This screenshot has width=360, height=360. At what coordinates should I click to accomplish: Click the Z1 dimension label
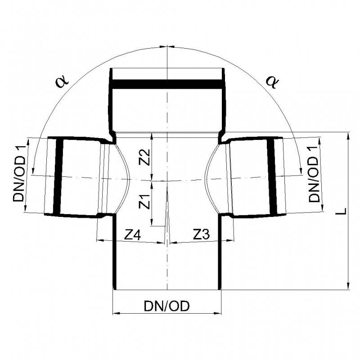click(144, 202)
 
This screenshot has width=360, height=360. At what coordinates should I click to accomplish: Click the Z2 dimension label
click(144, 157)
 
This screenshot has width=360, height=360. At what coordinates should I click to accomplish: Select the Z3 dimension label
click(201, 234)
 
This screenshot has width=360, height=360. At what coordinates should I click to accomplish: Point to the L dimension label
click(342, 211)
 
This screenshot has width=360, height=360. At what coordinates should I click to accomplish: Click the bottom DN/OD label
click(166, 306)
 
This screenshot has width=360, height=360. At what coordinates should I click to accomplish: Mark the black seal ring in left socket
click(58, 176)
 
